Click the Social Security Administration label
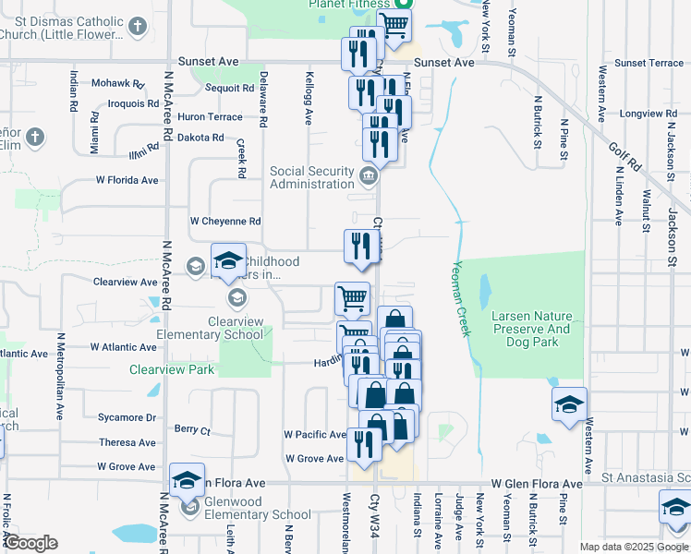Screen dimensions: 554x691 tap(312, 177)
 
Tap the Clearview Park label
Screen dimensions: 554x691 tap(172, 369)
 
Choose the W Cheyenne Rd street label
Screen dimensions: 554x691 tap(225, 222)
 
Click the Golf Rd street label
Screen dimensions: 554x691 tap(624, 156)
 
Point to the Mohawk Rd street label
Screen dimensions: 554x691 tap(117, 83)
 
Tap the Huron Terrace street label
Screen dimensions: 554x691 tap(210, 117)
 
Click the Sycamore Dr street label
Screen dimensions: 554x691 tap(127, 417)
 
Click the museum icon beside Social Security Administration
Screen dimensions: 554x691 tap(369, 175)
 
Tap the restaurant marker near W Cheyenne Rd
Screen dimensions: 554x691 tap(358, 246)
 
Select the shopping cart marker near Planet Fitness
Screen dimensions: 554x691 tap(394, 27)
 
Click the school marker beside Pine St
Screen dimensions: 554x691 tap(569, 403)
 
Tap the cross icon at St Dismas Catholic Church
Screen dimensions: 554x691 tap(138, 26)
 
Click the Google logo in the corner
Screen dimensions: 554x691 tap(30, 542)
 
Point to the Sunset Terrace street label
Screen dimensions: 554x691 tap(649, 63)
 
